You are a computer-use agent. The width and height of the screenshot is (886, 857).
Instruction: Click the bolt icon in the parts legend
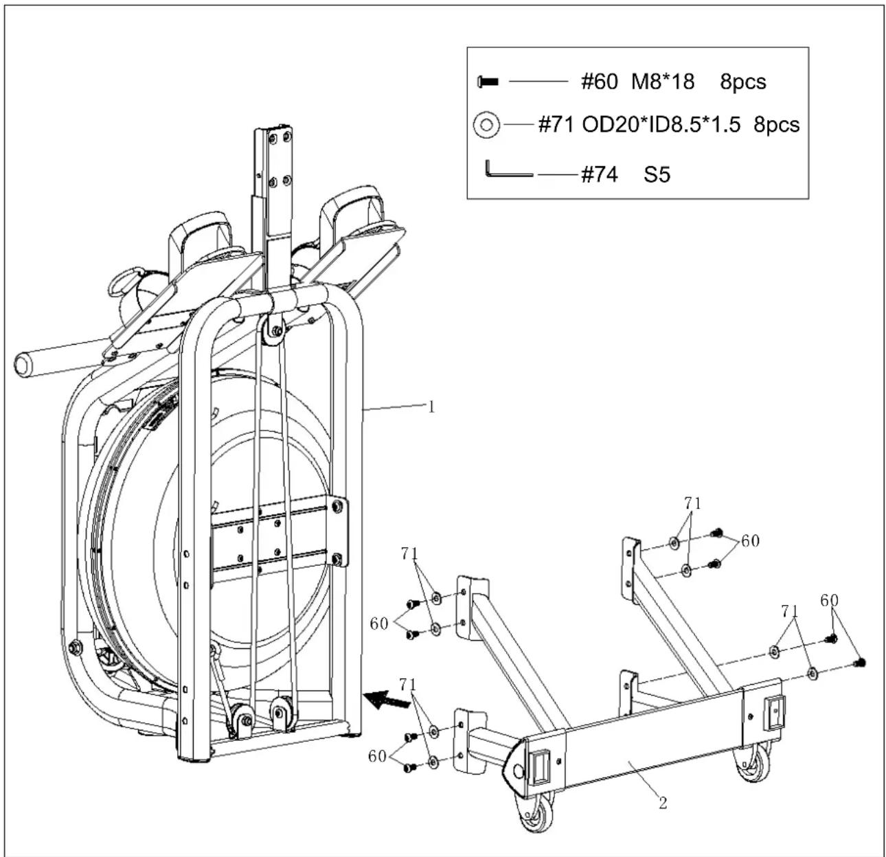coord(488,82)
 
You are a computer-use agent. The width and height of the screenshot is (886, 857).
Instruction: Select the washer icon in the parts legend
coord(486,124)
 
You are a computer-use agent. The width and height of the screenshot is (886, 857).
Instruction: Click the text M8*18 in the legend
coord(663,82)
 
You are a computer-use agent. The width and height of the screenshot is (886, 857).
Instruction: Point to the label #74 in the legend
coord(599,174)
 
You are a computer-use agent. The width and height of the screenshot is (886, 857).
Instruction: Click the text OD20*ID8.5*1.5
coord(661,124)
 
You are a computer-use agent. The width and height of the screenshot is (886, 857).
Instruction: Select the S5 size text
coord(657,174)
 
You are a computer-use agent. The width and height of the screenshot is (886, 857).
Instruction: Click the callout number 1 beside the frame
coord(431,407)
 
